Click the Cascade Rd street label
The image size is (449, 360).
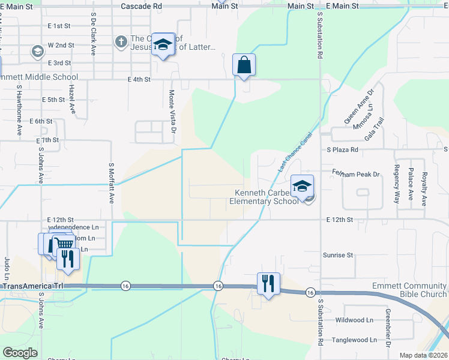tap(141, 5)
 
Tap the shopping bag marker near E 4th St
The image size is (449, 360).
tap(244, 65)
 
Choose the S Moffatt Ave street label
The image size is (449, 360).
tap(112, 182)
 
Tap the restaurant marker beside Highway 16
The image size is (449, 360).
tap(268, 283)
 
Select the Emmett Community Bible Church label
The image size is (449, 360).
tap(409, 290)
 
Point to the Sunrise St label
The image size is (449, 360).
tap(337, 256)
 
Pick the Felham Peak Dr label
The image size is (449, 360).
tap(356, 174)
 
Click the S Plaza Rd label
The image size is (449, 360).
tap(342, 149)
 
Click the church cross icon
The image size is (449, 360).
tap(121, 41)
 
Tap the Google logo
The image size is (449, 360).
tap(20, 353)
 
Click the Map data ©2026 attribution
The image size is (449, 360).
tap(423, 355)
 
